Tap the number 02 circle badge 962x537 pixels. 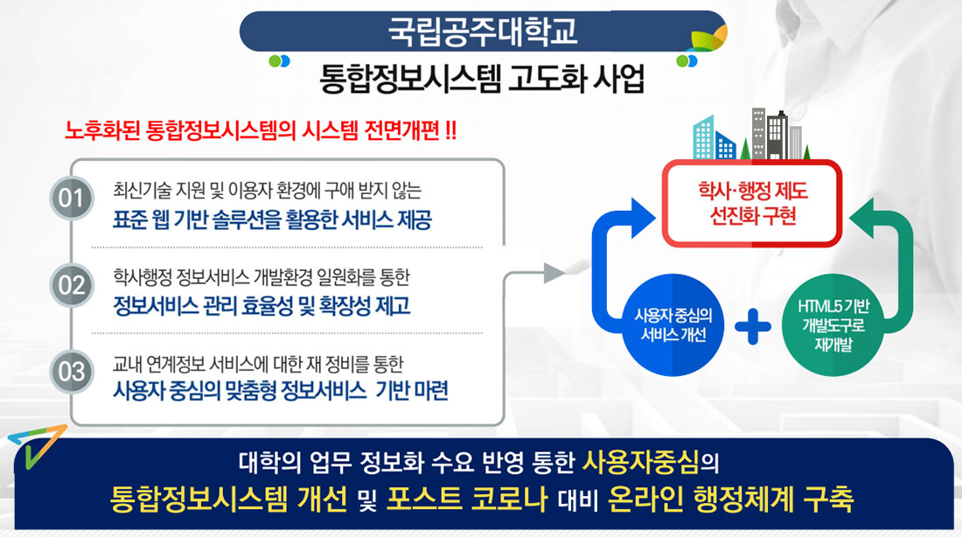(70, 285)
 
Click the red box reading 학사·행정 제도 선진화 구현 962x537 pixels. (753, 203)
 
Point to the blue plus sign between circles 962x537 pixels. (752, 328)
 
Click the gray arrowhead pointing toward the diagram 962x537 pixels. (554, 272)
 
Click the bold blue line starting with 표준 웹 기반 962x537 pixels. (272, 219)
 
